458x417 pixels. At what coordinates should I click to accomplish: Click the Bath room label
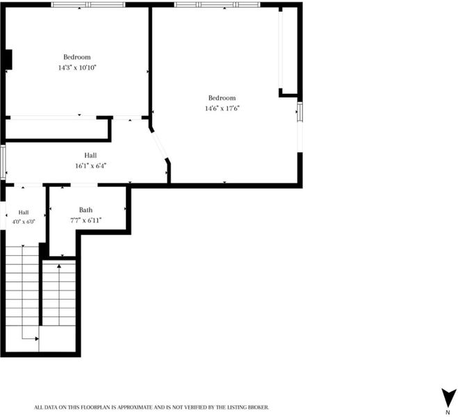point(85,210)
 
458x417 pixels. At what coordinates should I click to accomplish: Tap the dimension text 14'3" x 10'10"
point(77,67)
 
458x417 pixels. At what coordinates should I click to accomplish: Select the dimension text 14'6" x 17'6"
point(222,108)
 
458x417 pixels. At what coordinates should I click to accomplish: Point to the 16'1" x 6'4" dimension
point(90,166)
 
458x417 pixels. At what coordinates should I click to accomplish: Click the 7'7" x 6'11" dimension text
point(85,220)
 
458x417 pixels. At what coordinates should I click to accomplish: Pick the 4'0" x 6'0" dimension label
point(24,222)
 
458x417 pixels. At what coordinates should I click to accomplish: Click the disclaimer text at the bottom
point(152,407)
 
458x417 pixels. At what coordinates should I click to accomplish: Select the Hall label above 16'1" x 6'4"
point(90,156)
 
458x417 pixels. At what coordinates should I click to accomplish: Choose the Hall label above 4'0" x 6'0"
point(24,212)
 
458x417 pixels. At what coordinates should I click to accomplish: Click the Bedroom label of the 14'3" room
point(77,57)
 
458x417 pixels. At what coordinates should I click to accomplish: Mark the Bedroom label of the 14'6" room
point(222,98)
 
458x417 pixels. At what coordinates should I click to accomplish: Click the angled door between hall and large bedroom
point(159,145)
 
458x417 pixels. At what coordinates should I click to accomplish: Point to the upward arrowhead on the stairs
point(59,266)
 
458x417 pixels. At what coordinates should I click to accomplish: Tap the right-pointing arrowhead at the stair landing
point(37,338)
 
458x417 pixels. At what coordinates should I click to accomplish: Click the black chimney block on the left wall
point(8,60)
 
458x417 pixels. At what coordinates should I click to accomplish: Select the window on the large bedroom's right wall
point(300,112)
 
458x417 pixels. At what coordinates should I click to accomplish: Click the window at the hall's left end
point(3,162)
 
